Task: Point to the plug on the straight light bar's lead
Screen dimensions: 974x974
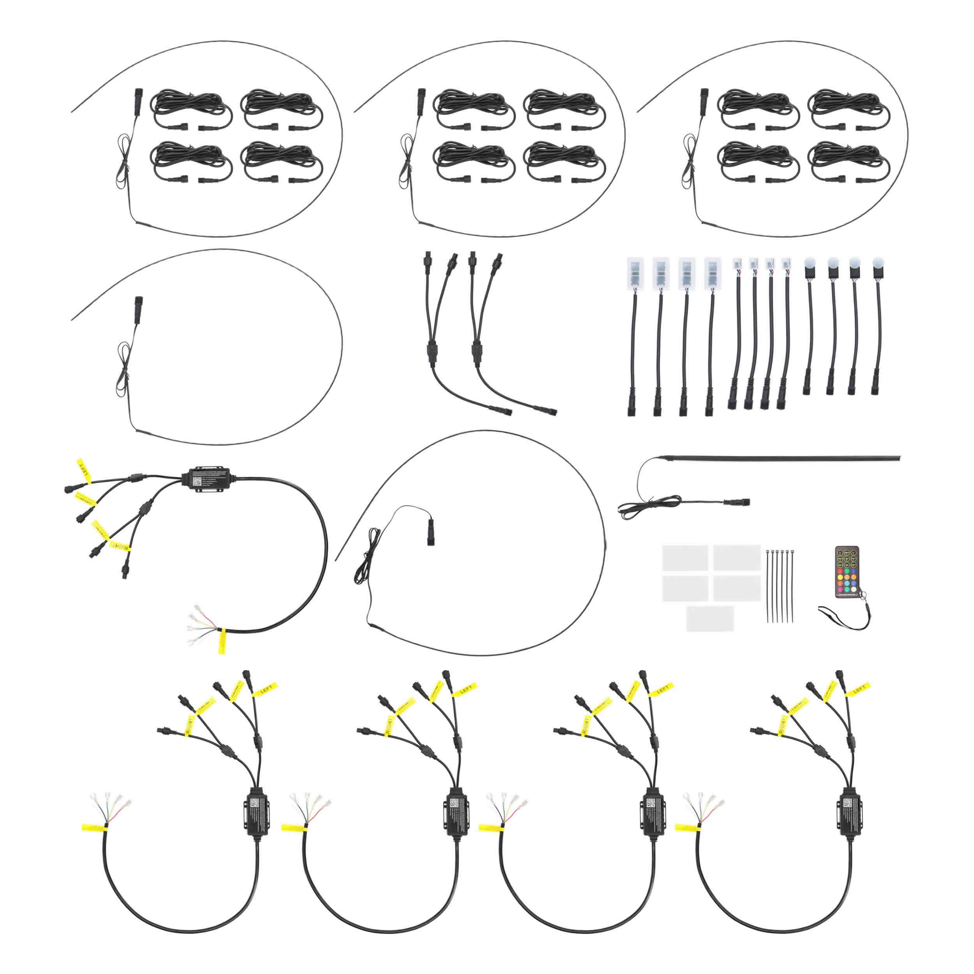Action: [x=737, y=502]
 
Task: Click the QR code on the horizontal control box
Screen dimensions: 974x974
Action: [x=198, y=481]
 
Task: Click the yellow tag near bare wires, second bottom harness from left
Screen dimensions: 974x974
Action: [x=295, y=827]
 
